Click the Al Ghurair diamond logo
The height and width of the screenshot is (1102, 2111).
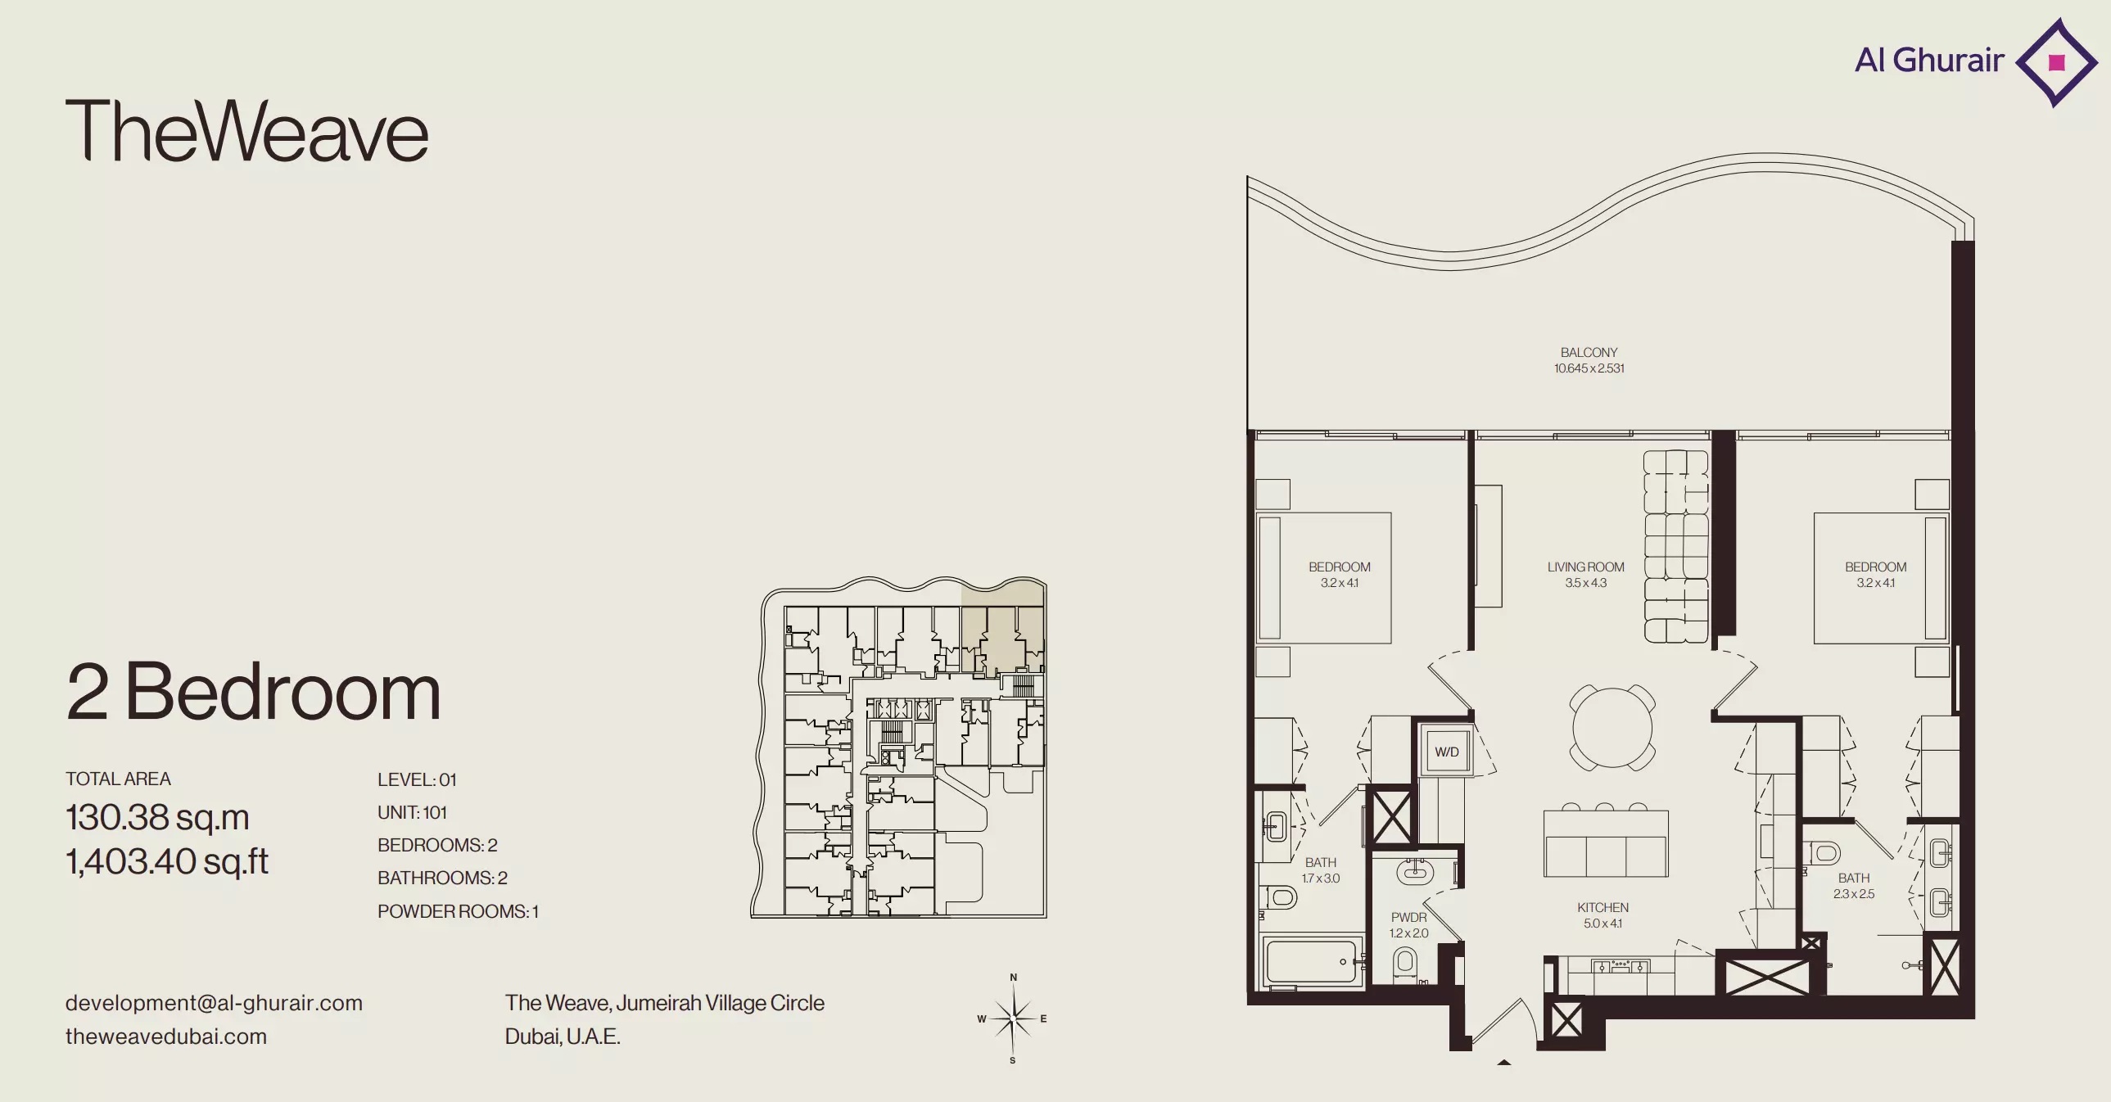coord(2056,62)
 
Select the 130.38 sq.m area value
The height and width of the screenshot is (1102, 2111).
coord(157,817)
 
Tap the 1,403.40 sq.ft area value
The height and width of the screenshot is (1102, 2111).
coord(167,861)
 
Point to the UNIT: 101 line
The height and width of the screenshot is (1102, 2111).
coord(412,812)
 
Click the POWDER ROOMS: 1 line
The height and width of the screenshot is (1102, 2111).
coord(458,911)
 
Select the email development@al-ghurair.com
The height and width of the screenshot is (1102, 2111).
coord(214,1003)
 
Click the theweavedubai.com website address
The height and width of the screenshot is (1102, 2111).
coord(166,1037)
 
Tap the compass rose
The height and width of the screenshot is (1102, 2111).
coord(1013,1018)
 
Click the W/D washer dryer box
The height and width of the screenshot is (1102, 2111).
coord(1446,752)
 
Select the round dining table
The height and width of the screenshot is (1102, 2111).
coord(1612,727)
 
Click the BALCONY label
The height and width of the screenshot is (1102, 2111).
coord(1589,352)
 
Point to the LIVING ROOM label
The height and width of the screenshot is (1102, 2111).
coord(1586,567)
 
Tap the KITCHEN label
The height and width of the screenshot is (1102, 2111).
coord(1603,908)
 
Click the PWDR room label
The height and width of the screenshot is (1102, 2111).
coord(1408,918)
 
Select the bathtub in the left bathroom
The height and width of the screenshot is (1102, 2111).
coord(1313,961)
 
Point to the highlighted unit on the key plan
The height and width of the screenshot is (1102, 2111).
coord(1002,627)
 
